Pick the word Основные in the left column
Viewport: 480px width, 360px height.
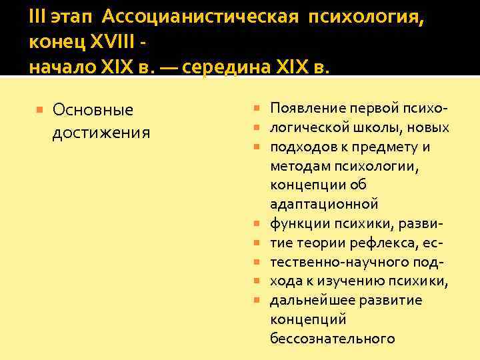click(x=93, y=109)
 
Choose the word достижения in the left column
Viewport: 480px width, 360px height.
click(x=101, y=132)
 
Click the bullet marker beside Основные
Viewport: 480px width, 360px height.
click(x=40, y=109)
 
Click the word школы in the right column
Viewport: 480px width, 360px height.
click(x=373, y=127)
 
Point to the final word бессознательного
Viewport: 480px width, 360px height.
click(x=332, y=339)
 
